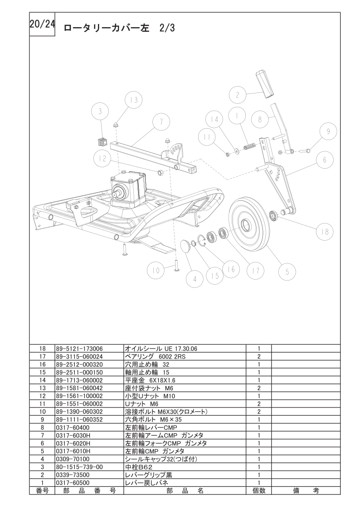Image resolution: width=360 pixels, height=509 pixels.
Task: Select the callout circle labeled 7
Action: pos(161,121)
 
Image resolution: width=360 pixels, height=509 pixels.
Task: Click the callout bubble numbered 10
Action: pos(156,271)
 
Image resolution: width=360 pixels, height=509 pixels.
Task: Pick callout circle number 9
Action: pos(328,131)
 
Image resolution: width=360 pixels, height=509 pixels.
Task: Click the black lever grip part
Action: pos(264,82)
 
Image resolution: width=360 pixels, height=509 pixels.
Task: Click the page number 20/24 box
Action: pos(42,25)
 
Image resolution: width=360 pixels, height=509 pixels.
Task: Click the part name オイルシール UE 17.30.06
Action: pos(161,349)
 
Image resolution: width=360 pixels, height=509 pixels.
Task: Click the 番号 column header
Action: pos(42,490)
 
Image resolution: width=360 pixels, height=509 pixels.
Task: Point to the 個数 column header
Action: pos(258,490)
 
